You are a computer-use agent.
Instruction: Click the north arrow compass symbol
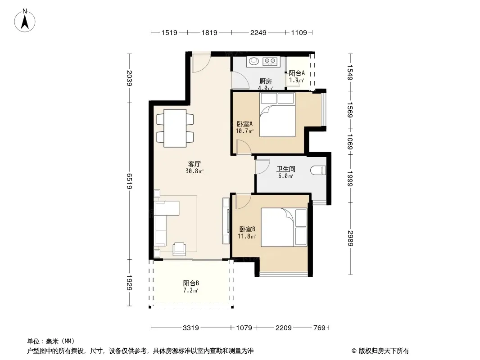[x=25, y=21]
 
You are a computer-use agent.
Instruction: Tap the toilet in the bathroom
[x=318, y=171]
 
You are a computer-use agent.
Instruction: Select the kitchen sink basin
[x=254, y=61]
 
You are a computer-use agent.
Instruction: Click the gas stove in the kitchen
[x=270, y=61]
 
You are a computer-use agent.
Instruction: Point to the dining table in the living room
[x=175, y=128]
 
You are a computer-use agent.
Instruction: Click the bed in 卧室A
[x=277, y=114]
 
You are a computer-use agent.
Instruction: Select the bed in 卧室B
[x=284, y=227]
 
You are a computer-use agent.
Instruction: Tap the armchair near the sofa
[x=179, y=249]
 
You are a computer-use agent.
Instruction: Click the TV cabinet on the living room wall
[x=226, y=221]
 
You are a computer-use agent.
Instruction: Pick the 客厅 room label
[x=195, y=164]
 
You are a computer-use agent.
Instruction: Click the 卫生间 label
[x=285, y=169]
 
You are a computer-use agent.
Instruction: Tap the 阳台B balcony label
[x=191, y=283]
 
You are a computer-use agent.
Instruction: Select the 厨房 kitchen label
[x=265, y=81]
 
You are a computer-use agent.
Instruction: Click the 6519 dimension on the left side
[x=129, y=181]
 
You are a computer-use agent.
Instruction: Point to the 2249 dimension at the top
[x=258, y=32]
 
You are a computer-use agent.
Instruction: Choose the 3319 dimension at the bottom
[x=191, y=328]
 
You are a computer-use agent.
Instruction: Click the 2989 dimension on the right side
[x=350, y=238]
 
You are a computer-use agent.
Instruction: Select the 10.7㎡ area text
[x=245, y=131]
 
